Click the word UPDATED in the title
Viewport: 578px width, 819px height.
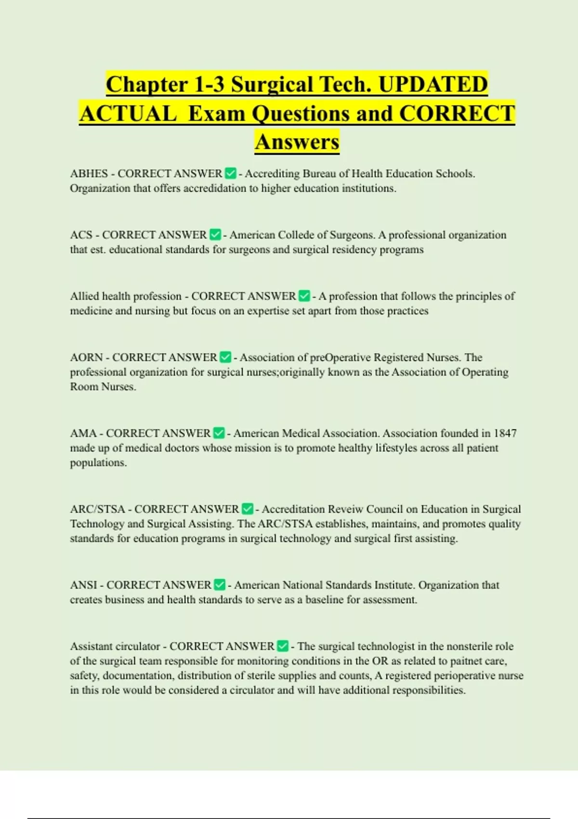point(433,85)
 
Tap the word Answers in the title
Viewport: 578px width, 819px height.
point(297,142)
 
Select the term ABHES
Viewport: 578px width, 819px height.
point(89,174)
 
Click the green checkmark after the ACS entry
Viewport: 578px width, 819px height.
point(215,235)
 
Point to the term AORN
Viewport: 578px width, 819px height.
point(86,357)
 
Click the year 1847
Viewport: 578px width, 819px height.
point(505,433)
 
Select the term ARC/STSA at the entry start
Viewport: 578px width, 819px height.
point(97,509)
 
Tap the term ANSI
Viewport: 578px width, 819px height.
point(83,585)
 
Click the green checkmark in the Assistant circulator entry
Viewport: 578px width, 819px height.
point(283,646)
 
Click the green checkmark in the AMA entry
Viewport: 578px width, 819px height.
point(219,433)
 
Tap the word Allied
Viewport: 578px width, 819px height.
point(84,296)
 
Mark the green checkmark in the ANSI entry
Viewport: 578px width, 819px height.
point(219,585)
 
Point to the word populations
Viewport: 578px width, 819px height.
point(98,462)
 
